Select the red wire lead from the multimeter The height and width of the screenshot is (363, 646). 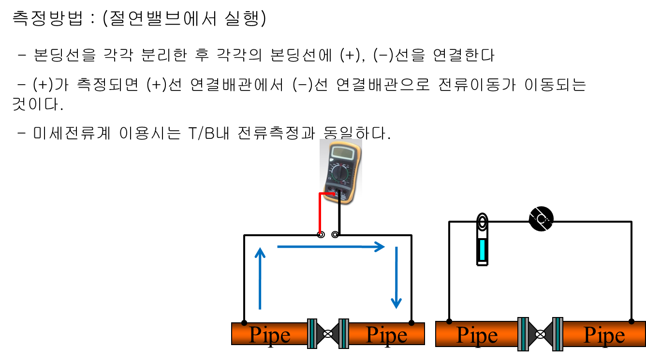click(320, 213)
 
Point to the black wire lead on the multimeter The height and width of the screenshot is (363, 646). click(339, 198)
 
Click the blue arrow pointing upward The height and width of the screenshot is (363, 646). click(260, 278)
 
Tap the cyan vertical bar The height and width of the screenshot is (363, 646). click(482, 250)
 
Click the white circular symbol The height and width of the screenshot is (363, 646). click(541, 219)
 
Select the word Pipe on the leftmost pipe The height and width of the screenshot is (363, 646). click(269, 334)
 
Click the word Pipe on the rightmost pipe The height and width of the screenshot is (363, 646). click(604, 335)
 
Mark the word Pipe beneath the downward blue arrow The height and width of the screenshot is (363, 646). click(387, 334)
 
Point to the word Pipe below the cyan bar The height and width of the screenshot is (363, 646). click(477, 335)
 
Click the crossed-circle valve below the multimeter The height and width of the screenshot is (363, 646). click(328, 333)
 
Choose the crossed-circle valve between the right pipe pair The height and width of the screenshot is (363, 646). click(540, 334)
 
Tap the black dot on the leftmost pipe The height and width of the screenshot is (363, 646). click(244, 323)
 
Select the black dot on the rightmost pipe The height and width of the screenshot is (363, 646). click(631, 322)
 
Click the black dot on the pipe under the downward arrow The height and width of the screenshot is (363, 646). click(411, 323)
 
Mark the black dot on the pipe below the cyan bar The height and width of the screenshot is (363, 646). click(449, 321)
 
